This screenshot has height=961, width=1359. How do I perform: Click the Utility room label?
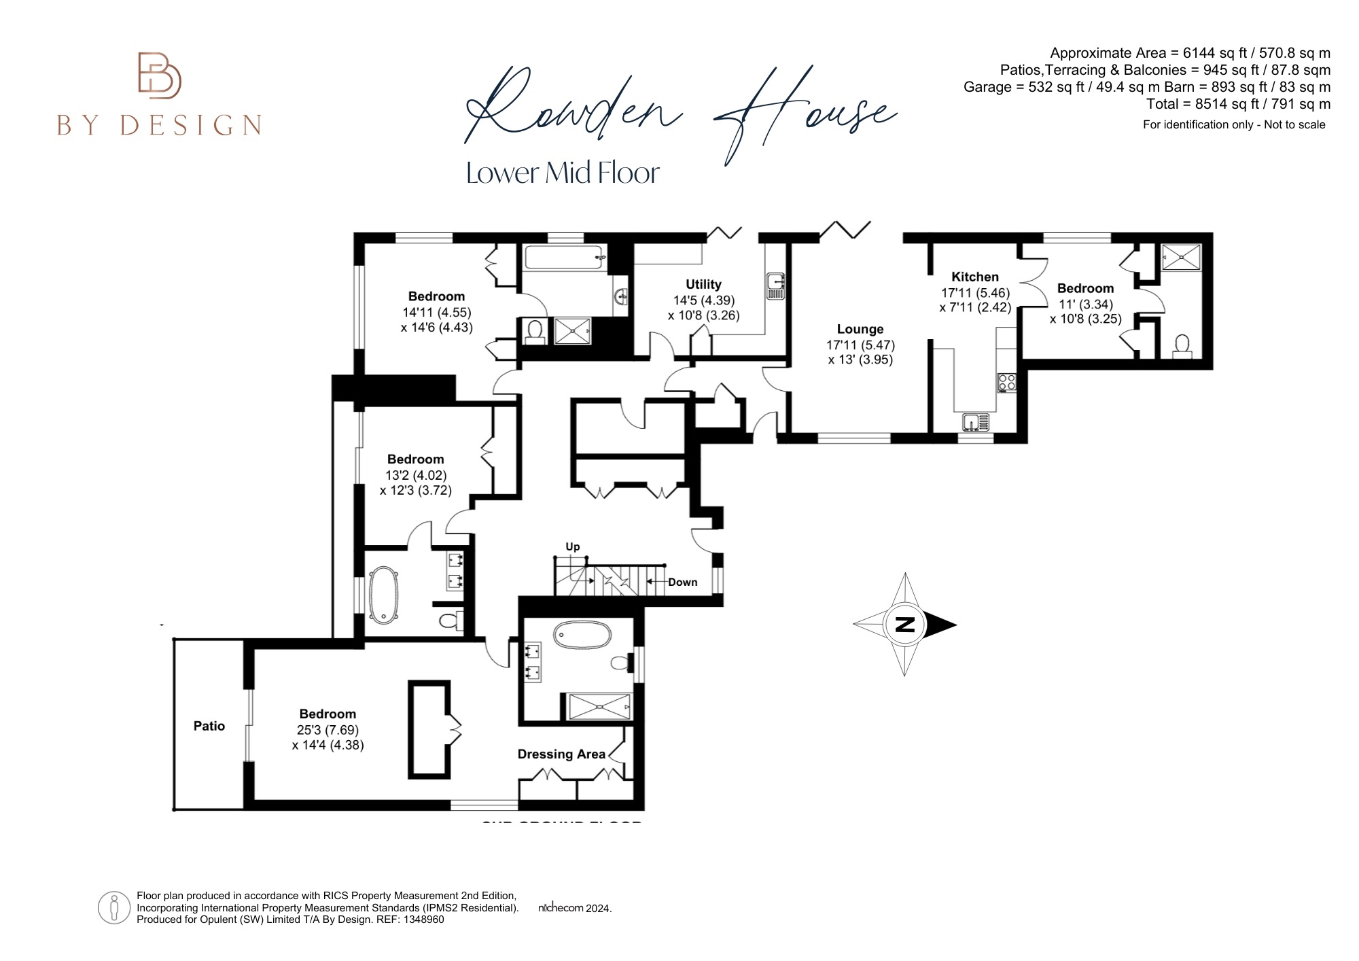click(x=703, y=285)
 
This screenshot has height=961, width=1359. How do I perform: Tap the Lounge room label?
click(x=860, y=330)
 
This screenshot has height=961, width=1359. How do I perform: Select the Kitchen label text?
click(x=975, y=277)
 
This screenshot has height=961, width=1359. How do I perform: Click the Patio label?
click(x=209, y=727)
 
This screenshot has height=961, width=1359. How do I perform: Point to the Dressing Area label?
click(x=561, y=754)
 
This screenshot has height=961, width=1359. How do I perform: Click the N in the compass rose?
click(x=904, y=625)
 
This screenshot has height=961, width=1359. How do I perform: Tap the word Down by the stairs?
click(x=682, y=582)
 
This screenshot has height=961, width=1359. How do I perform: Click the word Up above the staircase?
click(x=573, y=547)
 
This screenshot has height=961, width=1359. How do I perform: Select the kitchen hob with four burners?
click(x=1006, y=383)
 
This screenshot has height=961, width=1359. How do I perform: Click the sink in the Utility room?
click(x=776, y=286)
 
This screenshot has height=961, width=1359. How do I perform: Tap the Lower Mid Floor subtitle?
click(x=563, y=173)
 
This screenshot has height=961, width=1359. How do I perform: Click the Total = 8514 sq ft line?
click(x=1237, y=105)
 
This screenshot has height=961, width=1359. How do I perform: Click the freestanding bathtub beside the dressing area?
click(x=582, y=637)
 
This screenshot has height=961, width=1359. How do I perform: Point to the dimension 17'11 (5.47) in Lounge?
click(x=860, y=345)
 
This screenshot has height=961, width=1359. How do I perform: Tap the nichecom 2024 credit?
click(x=575, y=908)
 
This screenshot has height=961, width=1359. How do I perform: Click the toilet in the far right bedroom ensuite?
click(x=1182, y=345)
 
